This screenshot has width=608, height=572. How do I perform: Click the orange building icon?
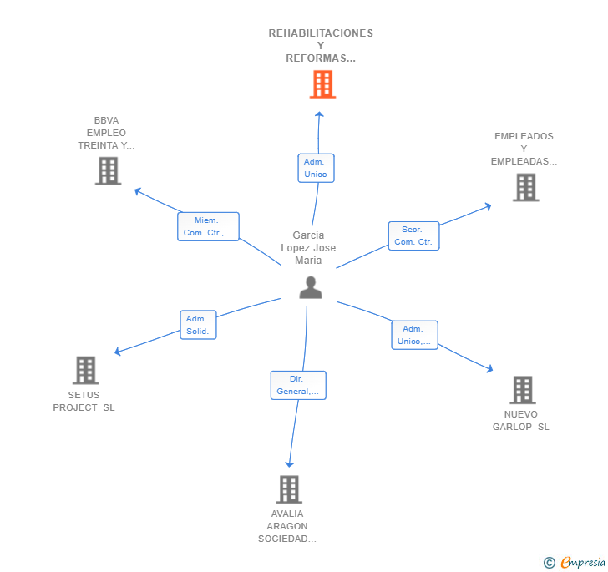[322, 84]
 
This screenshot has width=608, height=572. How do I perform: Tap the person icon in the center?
[311, 287]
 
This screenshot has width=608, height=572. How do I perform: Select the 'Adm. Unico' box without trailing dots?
[316, 168]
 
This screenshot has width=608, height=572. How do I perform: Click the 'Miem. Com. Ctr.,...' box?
[208, 226]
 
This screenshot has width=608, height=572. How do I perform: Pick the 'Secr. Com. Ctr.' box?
[413, 235]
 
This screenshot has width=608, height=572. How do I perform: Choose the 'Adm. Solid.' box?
[198, 325]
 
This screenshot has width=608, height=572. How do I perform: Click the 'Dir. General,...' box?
[298, 385]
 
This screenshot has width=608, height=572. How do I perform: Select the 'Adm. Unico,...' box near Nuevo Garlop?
[414, 335]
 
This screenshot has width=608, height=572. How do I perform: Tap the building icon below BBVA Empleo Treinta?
[109, 171]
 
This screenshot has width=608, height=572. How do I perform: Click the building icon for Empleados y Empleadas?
[526, 187]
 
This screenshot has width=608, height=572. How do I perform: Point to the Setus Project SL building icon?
[86, 371]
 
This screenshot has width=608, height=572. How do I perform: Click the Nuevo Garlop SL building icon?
[523, 390]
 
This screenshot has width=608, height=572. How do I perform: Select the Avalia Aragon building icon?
[289, 489]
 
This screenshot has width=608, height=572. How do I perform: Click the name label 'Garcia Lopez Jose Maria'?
[308, 248]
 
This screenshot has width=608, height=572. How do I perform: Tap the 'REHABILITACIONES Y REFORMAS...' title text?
[321, 46]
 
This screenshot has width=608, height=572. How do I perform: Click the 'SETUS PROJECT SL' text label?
[84, 402]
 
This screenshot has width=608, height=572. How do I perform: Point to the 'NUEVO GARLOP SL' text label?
[521, 420]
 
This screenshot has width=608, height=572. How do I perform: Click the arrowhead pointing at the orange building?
[319, 114]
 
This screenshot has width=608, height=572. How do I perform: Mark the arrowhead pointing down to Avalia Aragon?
[289, 464]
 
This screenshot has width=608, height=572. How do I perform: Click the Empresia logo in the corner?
[575, 562]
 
